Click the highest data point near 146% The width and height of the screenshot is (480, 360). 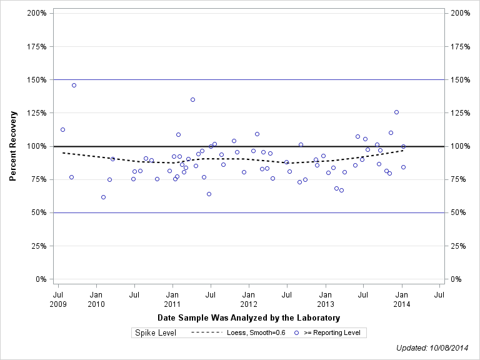click(x=74, y=85)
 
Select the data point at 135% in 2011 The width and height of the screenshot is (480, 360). click(x=192, y=99)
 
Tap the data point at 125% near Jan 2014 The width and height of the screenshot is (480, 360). click(x=396, y=112)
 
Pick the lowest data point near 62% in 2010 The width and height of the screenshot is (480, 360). click(x=103, y=197)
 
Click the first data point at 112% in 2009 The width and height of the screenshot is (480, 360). click(x=62, y=129)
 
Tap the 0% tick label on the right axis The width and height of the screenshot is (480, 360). click(x=457, y=279)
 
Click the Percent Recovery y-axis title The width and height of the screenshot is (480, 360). click(x=13, y=146)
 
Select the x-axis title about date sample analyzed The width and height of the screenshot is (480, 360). click(x=249, y=318)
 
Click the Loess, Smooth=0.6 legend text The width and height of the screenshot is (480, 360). click(x=256, y=333)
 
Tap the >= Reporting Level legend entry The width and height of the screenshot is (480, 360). click(x=331, y=333)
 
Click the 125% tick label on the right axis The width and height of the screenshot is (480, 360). click(x=461, y=113)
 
